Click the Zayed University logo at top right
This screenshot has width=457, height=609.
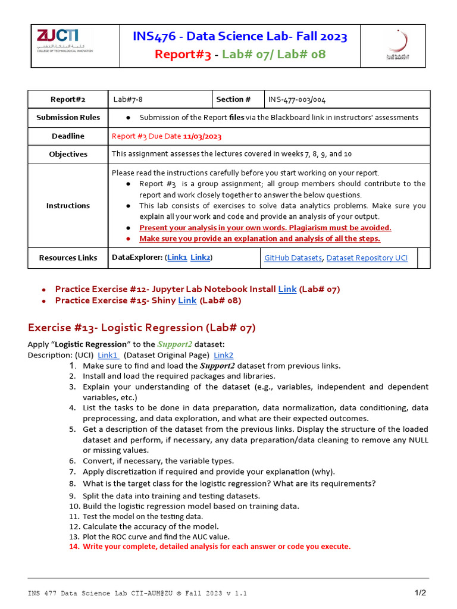click(397, 45)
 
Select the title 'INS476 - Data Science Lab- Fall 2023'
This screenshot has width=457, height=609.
click(240, 37)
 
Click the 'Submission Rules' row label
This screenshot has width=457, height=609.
click(68, 117)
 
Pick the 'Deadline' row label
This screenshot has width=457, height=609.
click(68, 136)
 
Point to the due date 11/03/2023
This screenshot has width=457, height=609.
click(202, 136)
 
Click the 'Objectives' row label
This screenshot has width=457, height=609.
click(68, 154)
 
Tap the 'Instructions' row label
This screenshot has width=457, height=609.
click(68, 205)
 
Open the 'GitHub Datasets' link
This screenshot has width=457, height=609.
click(293, 258)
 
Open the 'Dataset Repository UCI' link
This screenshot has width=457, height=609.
click(367, 258)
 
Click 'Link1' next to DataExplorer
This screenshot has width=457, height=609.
click(177, 258)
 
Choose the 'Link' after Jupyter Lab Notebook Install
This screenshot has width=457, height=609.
click(287, 289)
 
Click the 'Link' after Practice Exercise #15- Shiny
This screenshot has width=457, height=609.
click(187, 300)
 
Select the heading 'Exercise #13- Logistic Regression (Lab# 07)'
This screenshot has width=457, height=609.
click(142, 328)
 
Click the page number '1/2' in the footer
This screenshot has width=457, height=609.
click(420, 593)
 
